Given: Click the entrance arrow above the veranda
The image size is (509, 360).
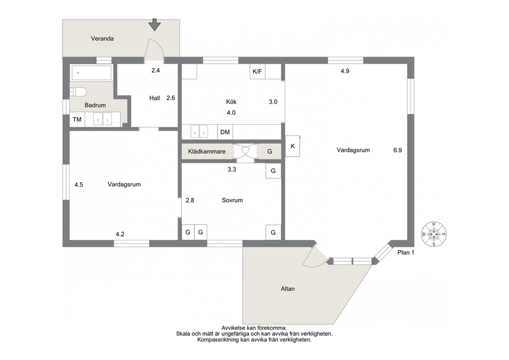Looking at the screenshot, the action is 154,25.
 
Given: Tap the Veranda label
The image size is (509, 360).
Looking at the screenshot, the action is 102,39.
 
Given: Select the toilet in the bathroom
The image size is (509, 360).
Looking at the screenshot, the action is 78,92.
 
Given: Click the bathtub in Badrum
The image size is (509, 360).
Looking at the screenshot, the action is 91,73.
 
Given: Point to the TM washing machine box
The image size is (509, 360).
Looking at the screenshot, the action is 77,120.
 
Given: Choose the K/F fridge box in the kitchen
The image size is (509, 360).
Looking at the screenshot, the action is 258,71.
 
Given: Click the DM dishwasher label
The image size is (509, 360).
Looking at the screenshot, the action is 225,132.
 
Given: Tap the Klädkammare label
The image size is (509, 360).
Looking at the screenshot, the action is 207,151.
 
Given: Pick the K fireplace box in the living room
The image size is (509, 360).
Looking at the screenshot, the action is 292,146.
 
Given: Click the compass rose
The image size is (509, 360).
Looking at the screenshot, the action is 434,234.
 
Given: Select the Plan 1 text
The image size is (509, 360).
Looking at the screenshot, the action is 406,253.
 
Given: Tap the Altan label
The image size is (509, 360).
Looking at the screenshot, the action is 288,289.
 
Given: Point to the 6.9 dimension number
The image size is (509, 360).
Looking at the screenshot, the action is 398,150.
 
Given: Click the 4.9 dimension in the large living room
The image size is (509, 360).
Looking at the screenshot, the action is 345,71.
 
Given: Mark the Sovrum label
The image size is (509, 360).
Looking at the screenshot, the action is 232,200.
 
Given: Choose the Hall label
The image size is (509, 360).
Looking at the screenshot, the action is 154,98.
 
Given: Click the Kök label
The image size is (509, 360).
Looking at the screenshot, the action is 231,102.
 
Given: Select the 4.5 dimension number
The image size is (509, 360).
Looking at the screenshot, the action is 79,185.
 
